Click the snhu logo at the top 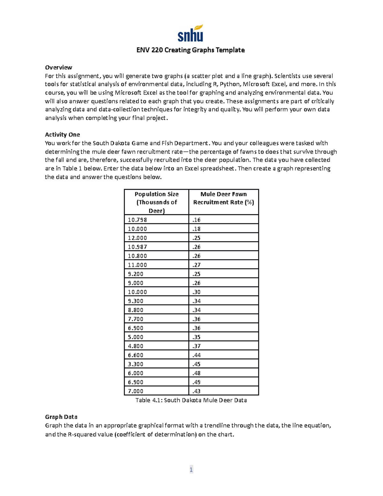(x=191, y=34)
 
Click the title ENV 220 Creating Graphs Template (x=191, y=50)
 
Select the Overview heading (x=58, y=67)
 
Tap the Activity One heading (x=62, y=135)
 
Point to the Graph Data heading (x=61, y=417)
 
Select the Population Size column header (x=156, y=202)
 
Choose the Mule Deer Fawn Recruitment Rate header (x=223, y=198)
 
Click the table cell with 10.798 (x=138, y=220)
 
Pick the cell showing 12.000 (x=138, y=238)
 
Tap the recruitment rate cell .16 (x=197, y=220)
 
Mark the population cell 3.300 (x=136, y=364)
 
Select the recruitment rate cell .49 (x=197, y=382)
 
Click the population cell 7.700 (x=136, y=319)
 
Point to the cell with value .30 (x=197, y=292)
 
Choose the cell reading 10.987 (x=138, y=247)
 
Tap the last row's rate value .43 (x=197, y=391)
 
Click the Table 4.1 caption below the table (x=191, y=401)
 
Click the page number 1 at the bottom (x=191, y=469)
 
